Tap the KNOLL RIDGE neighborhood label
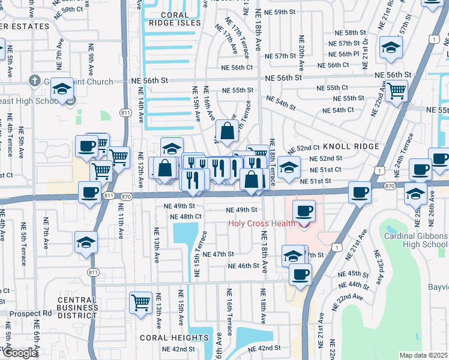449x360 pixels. [x=351, y=146]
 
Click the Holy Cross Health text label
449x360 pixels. [x=262, y=224]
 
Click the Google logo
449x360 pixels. [x=19, y=353]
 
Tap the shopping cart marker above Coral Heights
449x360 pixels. [x=140, y=301]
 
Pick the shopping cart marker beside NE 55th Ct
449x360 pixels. [x=396, y=92]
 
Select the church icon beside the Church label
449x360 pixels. [x=35, y=81]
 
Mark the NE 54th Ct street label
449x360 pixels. [x=338, y=110]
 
